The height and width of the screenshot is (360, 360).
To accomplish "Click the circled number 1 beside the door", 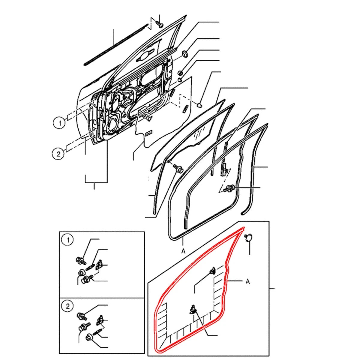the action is (x=60, y=123).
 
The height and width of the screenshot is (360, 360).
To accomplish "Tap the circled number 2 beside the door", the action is (x=58, y=154).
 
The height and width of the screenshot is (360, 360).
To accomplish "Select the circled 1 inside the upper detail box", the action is (x=68, y=240).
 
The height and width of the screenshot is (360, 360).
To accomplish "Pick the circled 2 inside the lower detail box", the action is (x=67, y=306).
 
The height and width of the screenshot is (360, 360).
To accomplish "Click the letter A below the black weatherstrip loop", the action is (x=183, y=251).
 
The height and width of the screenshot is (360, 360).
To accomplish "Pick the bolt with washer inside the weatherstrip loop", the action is (x=230, y=188).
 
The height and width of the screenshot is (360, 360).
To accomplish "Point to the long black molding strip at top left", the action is (x=116, y=44).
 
